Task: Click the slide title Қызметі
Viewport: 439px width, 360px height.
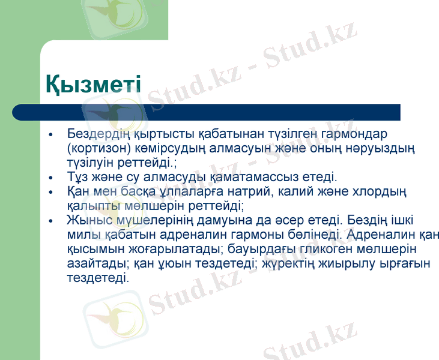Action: coord(93,85)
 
